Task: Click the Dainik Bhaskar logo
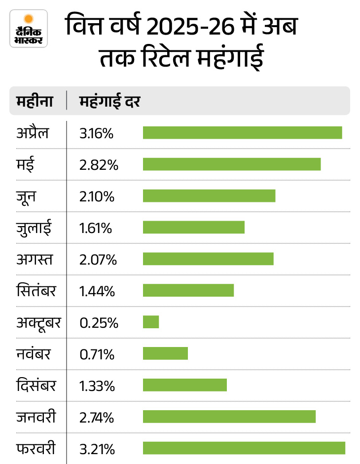point(29,28)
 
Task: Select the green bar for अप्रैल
point(242,133)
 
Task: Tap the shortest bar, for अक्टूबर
point(151,322)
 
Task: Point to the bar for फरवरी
point(244,448)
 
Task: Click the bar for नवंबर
point(166,353)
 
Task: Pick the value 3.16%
point(97,133)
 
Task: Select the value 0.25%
point(99,323)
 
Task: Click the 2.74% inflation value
point(97,418)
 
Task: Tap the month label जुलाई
point(34,228)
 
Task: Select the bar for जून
point(209,196)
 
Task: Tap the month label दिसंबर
point(36,386)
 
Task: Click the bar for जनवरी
point(229,417)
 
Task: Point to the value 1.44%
point(97,291)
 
